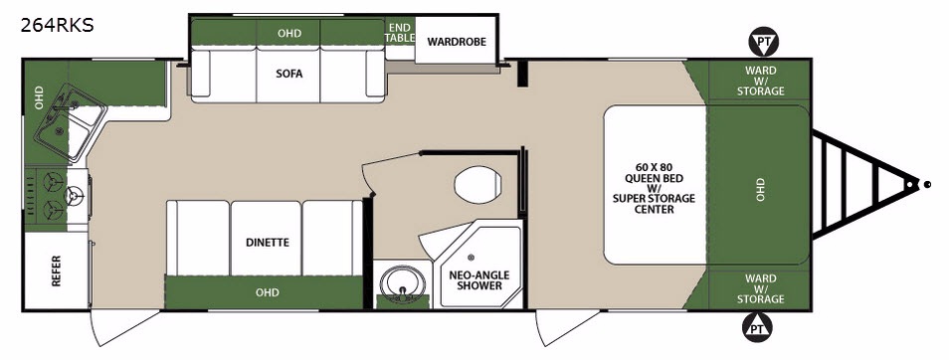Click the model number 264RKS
coord(58,26)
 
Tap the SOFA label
coord(288,74)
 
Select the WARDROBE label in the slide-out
coord(457,42)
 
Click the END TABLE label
coord(400,33)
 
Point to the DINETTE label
coord(268,243)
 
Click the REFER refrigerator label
coord(57,271)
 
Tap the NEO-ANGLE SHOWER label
coord(479,279)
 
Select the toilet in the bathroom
coord(478,185)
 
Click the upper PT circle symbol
coord(764,42)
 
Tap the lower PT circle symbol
coord(757,328)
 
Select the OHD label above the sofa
coord(289,33)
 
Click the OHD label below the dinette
coord(267,292)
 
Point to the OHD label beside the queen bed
coord(760,189)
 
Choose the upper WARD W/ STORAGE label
coord(761,81)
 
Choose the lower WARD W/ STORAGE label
coord(761,288)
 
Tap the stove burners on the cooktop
coord(57,196)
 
